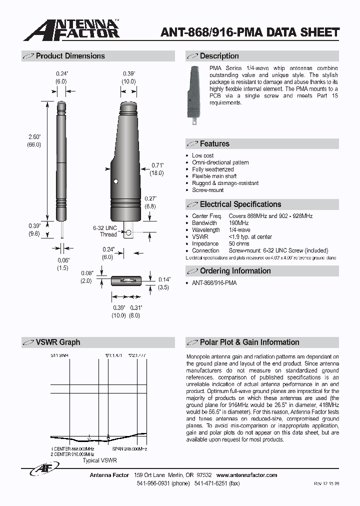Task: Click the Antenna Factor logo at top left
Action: (x=71, y=30)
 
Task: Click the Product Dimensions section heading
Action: (x=70, y=56)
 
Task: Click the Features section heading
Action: (x=214, y=144)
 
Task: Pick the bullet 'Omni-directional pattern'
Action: (x=220, y=162)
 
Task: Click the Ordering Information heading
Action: (x=235, y=271)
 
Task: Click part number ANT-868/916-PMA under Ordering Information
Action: (x=214, y=283)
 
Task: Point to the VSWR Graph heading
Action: (x=57, y=342)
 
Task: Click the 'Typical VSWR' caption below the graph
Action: (x=99, y=459)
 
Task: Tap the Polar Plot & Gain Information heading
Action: (x=249, y=342)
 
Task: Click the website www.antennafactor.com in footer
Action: (x=246, y=475)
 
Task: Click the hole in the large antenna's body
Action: (x=115, y=180)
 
